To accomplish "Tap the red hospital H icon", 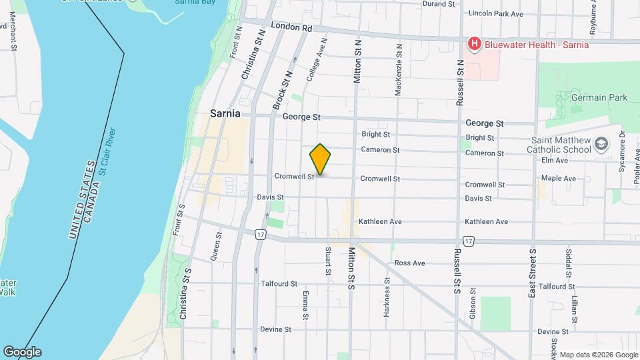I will [474, 45].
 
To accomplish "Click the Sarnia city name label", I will [225, 113].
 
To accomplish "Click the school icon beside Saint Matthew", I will [602, 144].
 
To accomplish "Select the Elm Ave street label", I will [554, 160].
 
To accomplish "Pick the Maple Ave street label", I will [559, 179].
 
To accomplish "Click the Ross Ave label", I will [409, 263].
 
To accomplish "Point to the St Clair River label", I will [107, 151].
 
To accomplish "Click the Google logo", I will [22, 351].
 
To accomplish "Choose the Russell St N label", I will [459, 82].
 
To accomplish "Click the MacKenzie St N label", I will [398, 71].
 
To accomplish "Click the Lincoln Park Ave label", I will [496, 13].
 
